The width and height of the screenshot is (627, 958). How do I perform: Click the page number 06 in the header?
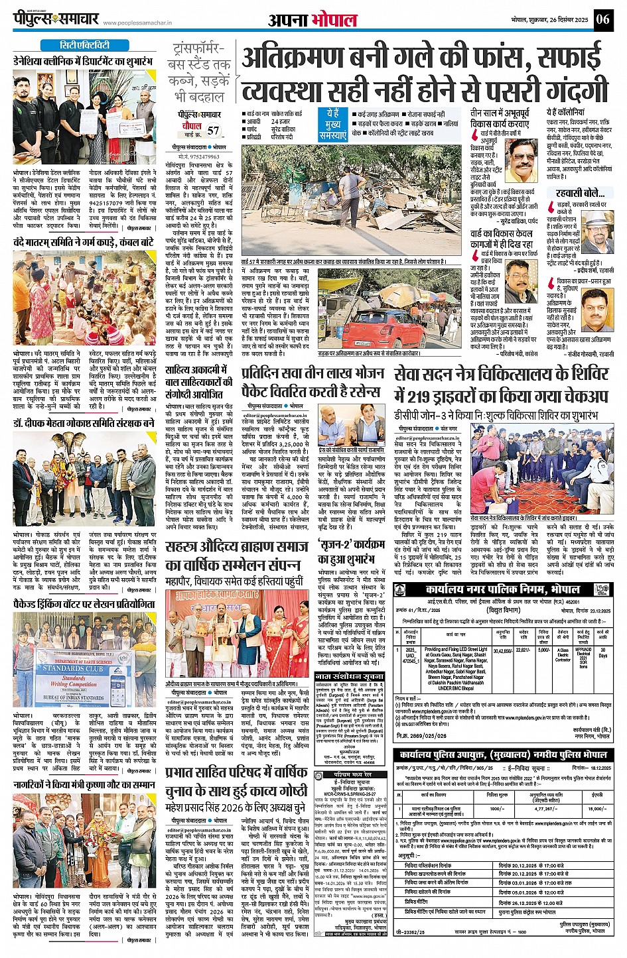click(602, 19)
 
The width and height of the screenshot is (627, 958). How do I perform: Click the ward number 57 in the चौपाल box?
click(213, 131)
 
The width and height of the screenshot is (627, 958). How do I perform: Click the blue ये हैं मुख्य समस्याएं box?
click(332, 124)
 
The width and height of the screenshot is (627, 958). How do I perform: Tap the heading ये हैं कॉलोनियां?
click(566, 113)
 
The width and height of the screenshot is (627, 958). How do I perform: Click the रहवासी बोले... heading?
click(580, 193)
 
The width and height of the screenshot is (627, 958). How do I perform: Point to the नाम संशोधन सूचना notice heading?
click(350, 676)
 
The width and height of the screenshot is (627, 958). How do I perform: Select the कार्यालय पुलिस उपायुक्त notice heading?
click(502, 755)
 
